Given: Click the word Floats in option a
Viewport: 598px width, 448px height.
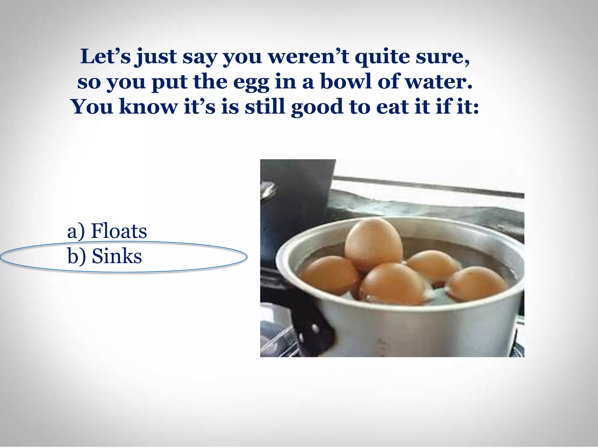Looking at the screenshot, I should (119, 231).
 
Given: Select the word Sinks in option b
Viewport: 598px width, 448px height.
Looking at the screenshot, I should (117, 256).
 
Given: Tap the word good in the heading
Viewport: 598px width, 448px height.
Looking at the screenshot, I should (317, 107).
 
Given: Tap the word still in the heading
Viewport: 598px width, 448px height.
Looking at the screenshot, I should (265, 107).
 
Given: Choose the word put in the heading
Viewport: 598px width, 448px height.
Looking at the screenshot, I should (170, 83).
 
